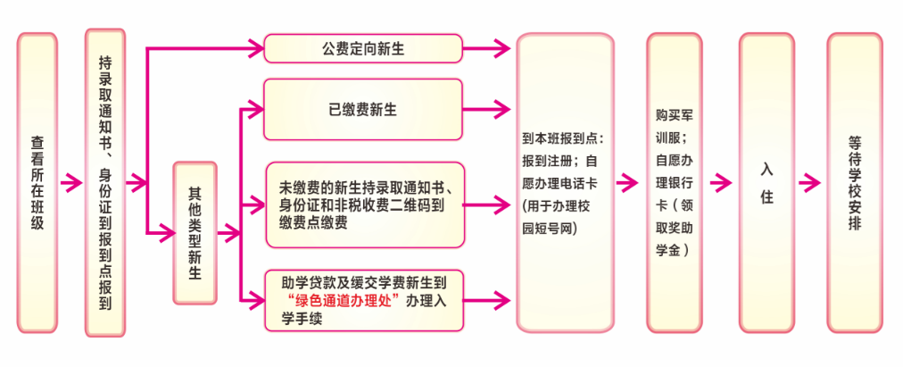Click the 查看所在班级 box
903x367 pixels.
pyautogui.click(x=37, y=183)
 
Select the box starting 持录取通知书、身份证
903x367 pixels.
pyautogui.click(x=105, y=183)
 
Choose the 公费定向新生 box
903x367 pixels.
pyautogui.click(x=362, y=49)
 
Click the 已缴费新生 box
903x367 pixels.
pyautogui.click(x=362, y=110)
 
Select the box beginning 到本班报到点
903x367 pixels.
pyautogui.click(x=563, y=184)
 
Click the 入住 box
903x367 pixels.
pyautogui.click(x=766, y=184)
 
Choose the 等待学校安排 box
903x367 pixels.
pyautogui.click(x=854, y=184)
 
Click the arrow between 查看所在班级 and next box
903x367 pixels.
pyautogui.click(x=70, y=183)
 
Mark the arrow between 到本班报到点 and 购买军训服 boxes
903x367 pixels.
pyautogui.click(x=629, y=184)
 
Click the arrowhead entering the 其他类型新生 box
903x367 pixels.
pyautogui.click(x=167, y=235)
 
